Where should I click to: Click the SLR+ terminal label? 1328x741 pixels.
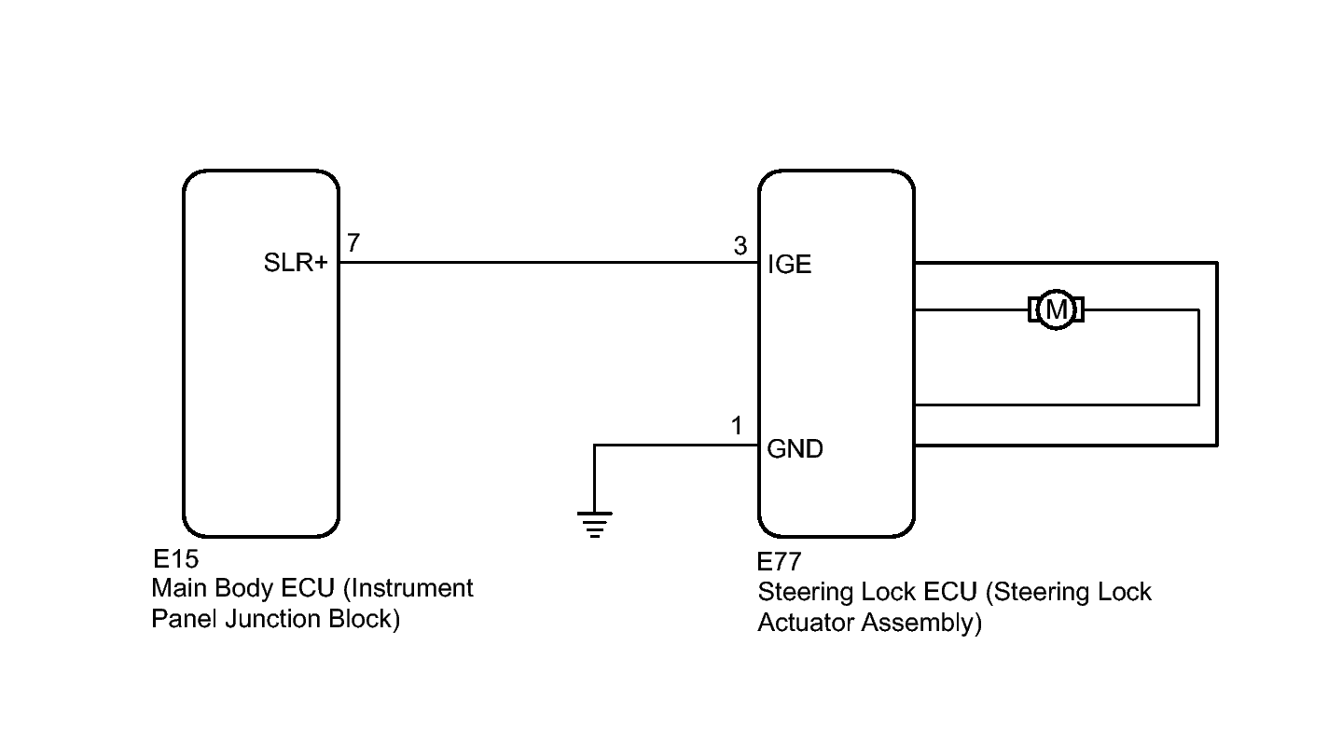pos(296,263)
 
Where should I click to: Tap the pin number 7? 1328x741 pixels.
pos(353,243)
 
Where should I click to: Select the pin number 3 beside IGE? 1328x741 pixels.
pos(740,246)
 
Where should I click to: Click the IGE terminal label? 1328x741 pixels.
pos(789,264)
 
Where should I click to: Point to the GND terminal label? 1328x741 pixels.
pos(795,449)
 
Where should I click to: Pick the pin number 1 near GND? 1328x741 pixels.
pos(737,426)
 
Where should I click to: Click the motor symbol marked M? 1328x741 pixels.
pos(1056,309)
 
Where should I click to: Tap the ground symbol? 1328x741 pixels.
pos(594,525)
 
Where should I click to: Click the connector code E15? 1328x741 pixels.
pos(175,558)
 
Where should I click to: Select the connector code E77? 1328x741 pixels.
pos(780,561)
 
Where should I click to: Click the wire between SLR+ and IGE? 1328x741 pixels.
pos(548,263)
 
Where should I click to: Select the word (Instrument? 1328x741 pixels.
pos(408,588)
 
